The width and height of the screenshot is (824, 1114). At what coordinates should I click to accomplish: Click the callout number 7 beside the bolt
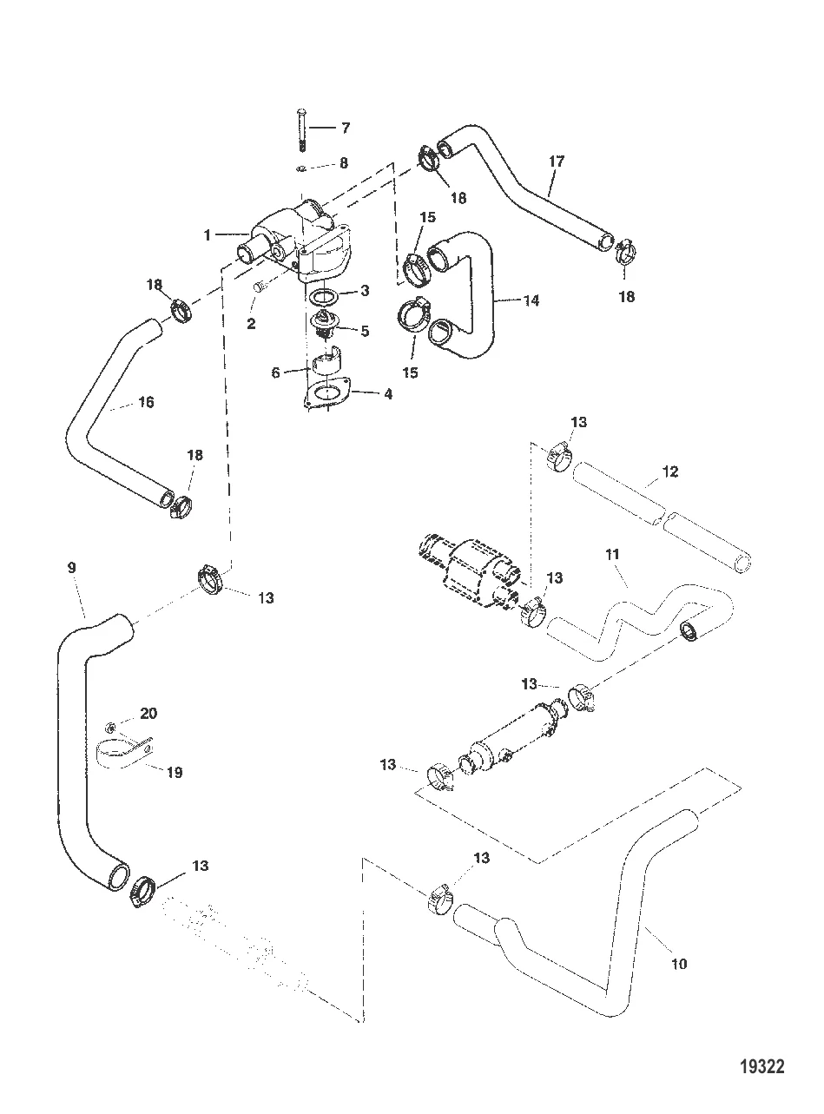(x=345, y=129)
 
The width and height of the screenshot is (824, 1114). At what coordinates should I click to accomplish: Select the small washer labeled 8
(x=300, y=168)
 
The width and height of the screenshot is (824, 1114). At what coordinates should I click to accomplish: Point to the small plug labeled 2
(x=258, y=287)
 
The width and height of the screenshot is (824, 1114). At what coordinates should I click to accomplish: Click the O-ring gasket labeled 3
(x=325, y=298)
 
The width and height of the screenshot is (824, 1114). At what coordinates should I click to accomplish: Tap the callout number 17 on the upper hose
(x=557, y=161)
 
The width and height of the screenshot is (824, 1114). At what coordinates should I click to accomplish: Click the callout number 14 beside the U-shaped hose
(x=531, y=300)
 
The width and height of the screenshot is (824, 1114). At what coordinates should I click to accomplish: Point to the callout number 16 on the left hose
(x=146, y=402)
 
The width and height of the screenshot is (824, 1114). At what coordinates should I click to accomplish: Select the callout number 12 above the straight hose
(x=669, y=472)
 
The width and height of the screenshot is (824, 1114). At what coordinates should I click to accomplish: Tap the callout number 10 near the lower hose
(x=679, y=963)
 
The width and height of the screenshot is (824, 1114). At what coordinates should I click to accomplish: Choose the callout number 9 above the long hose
(x=71, y=568)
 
